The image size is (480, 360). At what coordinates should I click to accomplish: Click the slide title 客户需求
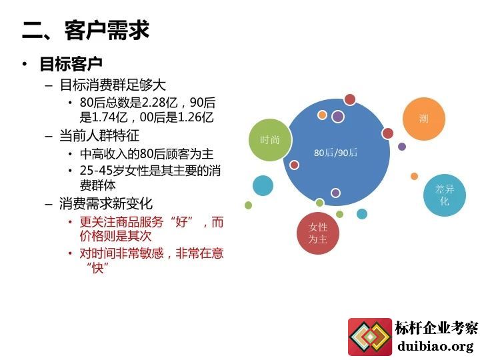click(107, 30)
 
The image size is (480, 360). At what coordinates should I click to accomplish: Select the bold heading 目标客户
click(71, 64)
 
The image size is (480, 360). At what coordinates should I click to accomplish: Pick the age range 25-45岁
click(102, 171)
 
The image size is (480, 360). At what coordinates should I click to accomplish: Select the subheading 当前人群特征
click(99, 135)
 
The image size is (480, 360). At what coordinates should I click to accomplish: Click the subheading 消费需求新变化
click(106, 203)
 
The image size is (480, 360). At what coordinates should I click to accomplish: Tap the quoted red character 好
click(181, 221)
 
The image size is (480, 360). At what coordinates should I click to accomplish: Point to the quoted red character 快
click(97, 268)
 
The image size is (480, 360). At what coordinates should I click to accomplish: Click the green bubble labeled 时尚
click(270, 140)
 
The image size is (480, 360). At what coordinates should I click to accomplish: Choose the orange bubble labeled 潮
click(424, 119)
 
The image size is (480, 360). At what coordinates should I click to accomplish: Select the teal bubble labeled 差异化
click(445, 195)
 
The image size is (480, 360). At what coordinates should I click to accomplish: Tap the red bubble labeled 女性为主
click(318, 233)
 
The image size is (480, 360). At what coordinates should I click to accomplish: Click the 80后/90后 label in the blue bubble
click(335, 153)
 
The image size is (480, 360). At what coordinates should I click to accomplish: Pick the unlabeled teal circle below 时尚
click(263, 185)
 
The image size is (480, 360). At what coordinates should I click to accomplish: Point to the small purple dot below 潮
click(402, 146)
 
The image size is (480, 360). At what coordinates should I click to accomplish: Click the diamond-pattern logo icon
click(370, 337)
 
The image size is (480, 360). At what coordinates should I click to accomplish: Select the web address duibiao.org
click(435, 346)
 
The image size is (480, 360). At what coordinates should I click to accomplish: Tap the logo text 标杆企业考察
click(437, 328)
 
